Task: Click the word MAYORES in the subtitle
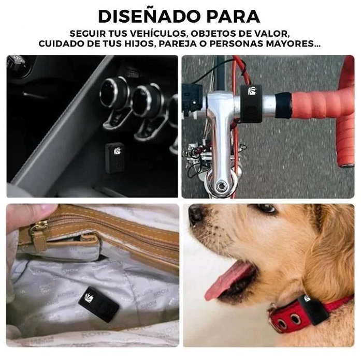click(290, 43)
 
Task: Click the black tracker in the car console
click(114, 157)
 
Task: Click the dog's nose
click(196, 214)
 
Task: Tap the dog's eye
click(266, 208)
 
